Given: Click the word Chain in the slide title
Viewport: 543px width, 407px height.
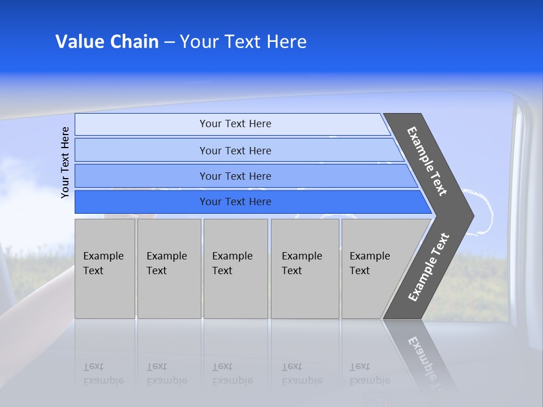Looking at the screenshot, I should point(134,42).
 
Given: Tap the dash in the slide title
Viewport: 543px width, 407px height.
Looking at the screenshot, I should point(169,42).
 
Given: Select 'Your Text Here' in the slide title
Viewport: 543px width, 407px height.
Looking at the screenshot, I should point(243,42).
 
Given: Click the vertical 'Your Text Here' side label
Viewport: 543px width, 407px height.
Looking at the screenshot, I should point(65,162).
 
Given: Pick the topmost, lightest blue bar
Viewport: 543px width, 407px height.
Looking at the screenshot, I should point(235,124).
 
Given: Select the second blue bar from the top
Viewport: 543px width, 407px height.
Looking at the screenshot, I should point(235,150).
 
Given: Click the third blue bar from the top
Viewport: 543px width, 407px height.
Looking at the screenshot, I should point(235,176).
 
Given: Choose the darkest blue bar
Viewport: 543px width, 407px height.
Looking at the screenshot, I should point(235,202).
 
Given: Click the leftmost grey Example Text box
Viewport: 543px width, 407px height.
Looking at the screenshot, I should point(105,269).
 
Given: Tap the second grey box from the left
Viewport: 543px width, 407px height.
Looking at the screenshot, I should point(169,269).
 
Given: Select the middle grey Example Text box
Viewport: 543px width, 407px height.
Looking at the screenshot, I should point(235,269).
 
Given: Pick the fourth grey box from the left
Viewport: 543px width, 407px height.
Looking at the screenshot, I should point(304,269).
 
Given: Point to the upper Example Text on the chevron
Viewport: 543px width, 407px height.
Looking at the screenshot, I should point(427,161).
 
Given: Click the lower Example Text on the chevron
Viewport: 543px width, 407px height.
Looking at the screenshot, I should point(429,267).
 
